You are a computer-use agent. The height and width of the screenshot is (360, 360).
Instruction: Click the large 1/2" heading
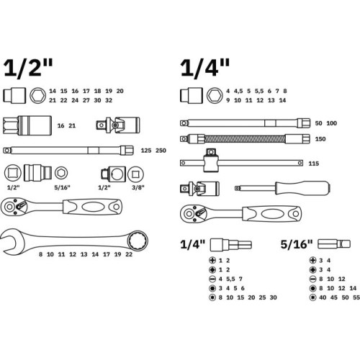tap(28, 68)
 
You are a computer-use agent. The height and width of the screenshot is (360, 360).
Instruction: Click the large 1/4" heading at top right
tap(204, 68)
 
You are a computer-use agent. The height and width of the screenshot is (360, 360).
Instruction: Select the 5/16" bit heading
tap(297, 244)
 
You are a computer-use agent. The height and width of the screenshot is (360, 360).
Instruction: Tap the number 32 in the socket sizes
tap(109, 100)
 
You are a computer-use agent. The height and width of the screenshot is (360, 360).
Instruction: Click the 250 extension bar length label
tap(161, 150)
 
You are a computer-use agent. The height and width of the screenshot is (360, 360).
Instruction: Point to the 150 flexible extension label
tap(320, 139)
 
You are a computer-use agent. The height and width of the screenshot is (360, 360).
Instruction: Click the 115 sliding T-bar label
tap(314, 163)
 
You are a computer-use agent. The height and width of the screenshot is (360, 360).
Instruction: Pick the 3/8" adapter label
tap(138, 187)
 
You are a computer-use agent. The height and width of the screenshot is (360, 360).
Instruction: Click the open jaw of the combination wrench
tap(9, 241)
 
